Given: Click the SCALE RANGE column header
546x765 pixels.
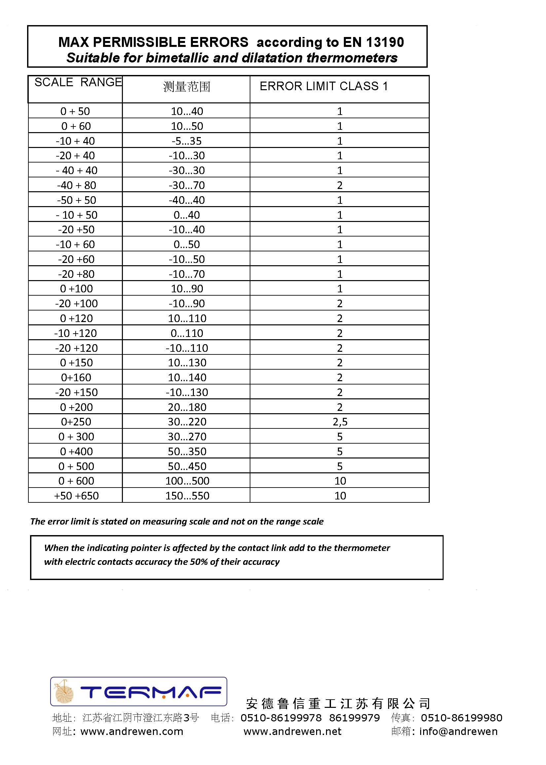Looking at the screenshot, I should [78, 82].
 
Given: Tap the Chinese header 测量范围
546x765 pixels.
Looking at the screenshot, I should [187, 87].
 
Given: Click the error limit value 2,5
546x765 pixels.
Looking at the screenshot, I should [340, 422].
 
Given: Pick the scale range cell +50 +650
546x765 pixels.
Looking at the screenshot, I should [76, 496].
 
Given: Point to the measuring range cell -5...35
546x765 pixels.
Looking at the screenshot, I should [187, 141].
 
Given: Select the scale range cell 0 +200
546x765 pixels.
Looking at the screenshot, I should [76, 407].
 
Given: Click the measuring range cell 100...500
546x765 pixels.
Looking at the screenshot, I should [187, 481].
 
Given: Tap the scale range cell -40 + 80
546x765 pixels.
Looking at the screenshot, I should [76, 185].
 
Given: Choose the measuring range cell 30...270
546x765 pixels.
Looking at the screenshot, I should [187, 437].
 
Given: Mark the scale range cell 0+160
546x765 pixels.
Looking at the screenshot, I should [76, 378].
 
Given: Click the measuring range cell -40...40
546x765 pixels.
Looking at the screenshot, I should [187, 200].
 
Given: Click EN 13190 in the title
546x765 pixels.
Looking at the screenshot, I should [373, 42].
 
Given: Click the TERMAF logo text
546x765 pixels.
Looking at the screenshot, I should [151, 692].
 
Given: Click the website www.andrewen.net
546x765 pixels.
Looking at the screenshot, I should [293, 731].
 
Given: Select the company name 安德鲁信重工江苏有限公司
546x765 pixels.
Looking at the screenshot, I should [338, 704].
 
